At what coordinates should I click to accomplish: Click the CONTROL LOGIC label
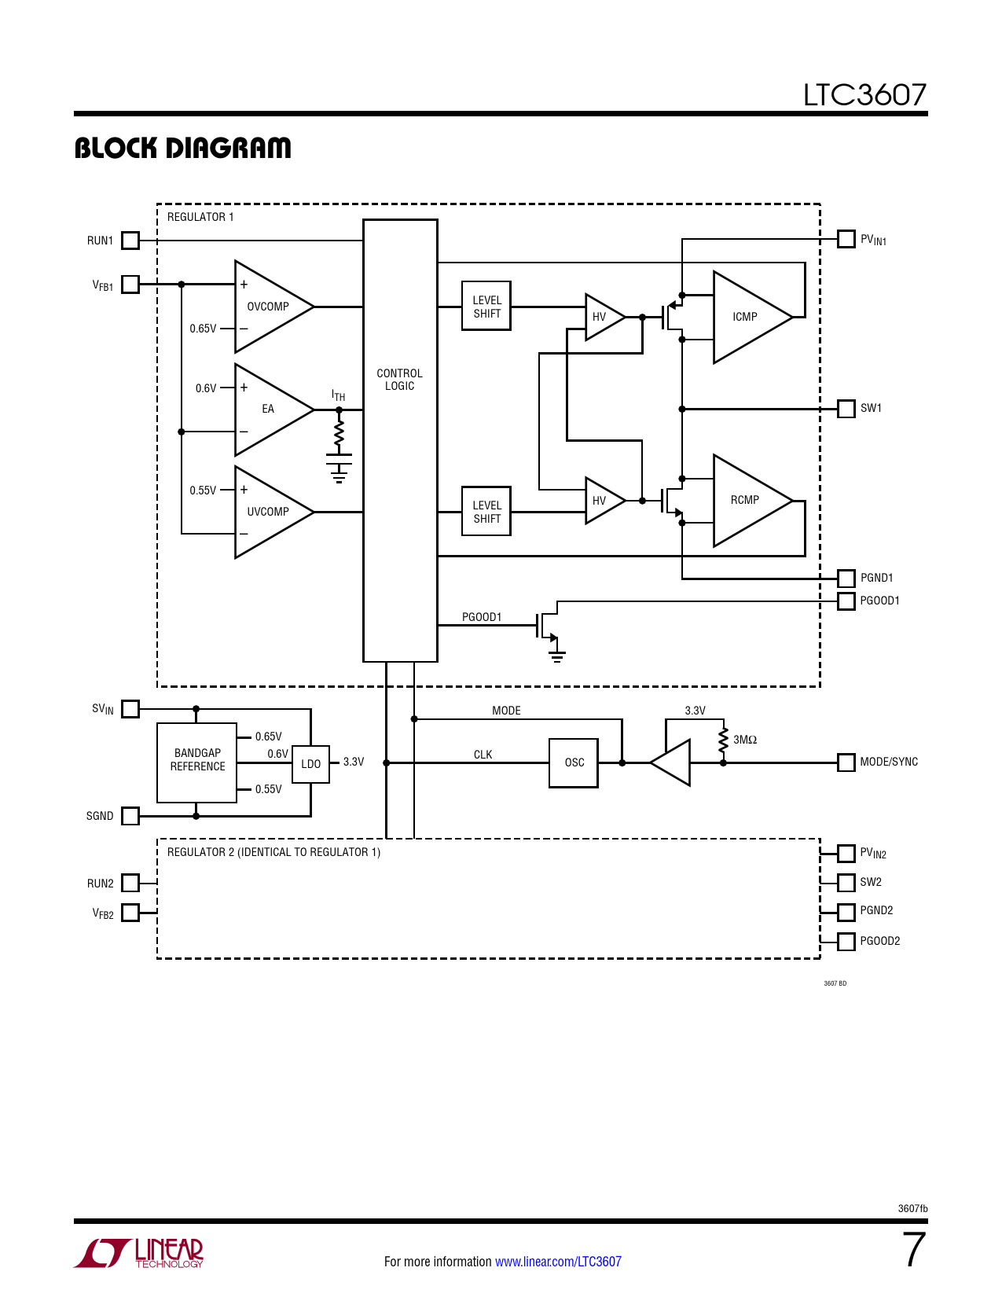coord(399,380)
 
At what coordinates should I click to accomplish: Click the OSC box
coord(574,762)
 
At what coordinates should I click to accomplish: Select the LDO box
coord(310,763)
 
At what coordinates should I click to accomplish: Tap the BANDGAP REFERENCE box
coord(197,761)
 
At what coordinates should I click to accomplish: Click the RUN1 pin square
coord(130,241)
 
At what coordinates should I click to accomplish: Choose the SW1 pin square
coord(846,409)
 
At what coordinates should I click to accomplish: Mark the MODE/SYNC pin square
coord(846,762)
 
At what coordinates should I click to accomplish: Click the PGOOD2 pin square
coord(846,941)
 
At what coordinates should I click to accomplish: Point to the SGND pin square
coord(130,816)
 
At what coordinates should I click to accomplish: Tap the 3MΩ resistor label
coord(745,740)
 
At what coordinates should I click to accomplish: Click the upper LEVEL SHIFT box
coord(486,307)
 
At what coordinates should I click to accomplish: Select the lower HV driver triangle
coord(602,501)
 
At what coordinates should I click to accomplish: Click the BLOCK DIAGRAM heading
coord(182,148)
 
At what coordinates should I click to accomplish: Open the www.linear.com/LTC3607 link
coord(558,1262)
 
